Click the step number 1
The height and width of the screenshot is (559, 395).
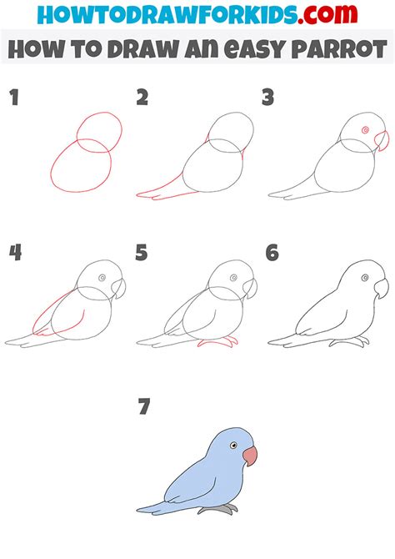14,98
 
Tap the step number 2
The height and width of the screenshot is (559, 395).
142,98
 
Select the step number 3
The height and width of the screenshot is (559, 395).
268,98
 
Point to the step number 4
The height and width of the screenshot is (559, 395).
15,252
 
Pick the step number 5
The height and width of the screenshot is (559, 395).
142,252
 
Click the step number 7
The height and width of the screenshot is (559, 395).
144,407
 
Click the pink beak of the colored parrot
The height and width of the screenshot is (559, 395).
250,456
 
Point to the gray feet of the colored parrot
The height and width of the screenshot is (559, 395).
217,508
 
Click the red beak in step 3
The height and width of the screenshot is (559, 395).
381,140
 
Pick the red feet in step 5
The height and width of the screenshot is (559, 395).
218,343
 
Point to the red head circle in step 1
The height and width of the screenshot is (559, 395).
99,133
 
